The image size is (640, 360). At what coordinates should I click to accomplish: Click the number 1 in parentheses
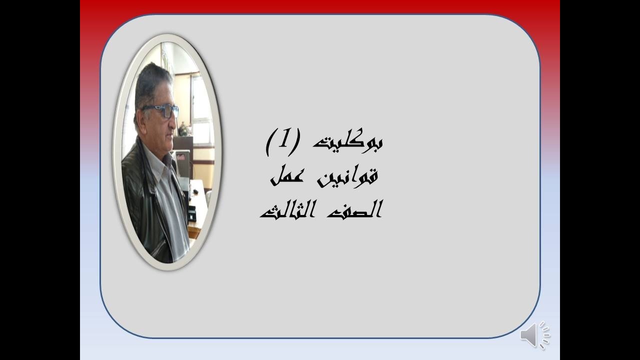coord(284,140)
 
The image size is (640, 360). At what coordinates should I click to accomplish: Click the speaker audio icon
coord(534,334)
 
